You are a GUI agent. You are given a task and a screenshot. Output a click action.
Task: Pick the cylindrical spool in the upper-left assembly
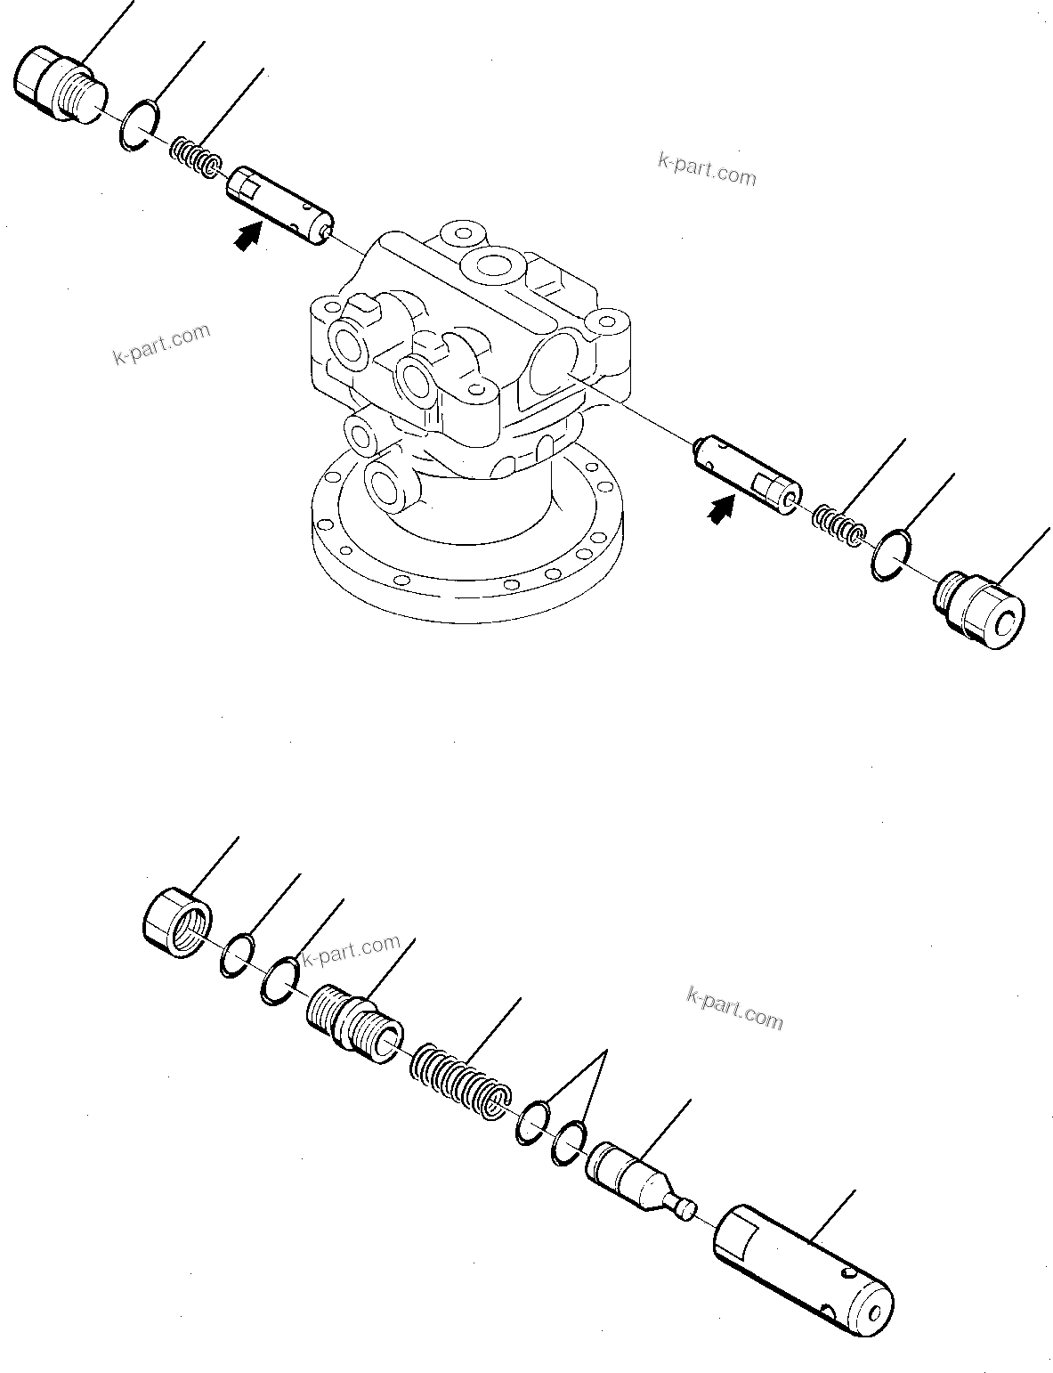pos(279,203)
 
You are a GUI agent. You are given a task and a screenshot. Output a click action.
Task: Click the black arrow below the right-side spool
pos(721,510)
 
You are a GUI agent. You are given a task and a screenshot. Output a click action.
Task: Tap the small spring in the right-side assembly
pos(838,525)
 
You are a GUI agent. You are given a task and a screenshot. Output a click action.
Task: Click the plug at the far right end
pos(982,613)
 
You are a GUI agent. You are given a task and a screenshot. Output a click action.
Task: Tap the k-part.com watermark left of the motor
pos(161,344)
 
